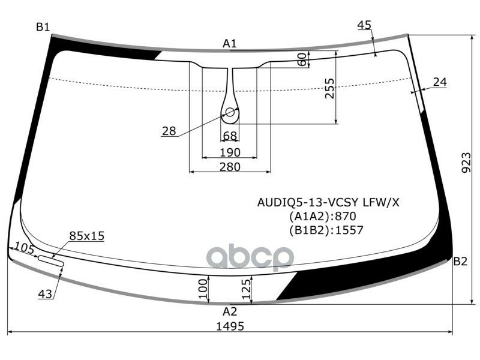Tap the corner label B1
coord(43,26)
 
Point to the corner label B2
coord(460,261)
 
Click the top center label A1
coord(230,43)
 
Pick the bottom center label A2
coord(230,311)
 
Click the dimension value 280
coord(230,167)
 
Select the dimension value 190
coord(230,152)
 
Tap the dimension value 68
coord(230,136)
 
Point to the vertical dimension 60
coord(303,59)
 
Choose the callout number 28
coord(169,131)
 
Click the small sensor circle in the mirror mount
coord(230,112)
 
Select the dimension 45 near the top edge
coord(364,25)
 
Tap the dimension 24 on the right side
coord(440,82)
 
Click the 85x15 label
coord(86,236)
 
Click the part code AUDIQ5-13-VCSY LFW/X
coord(328,202)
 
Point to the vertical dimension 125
coord(245,290)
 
